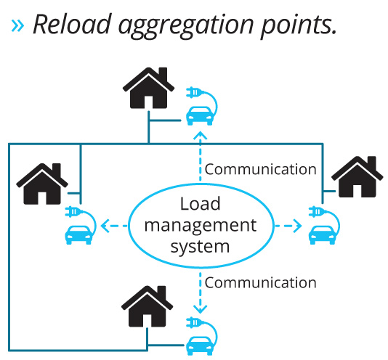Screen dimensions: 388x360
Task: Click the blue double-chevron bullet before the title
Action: (17, 26)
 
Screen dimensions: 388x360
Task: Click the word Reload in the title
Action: (72, 24)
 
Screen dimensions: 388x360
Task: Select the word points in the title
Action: (299, 26)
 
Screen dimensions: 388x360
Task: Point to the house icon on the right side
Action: (357, 177)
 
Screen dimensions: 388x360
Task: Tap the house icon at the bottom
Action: (147, 306)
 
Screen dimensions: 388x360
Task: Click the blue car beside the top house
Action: (200, 115)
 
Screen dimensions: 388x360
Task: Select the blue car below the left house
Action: (78, 235)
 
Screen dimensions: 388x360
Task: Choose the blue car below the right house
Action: (322, 235)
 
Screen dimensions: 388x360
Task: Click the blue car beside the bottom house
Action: (200, 346)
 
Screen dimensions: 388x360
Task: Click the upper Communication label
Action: (261, 169)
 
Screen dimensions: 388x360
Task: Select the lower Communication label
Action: (261, 282)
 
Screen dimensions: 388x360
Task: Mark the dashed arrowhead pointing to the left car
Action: (105, 226)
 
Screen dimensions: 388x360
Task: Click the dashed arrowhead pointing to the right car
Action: (297, 226)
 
